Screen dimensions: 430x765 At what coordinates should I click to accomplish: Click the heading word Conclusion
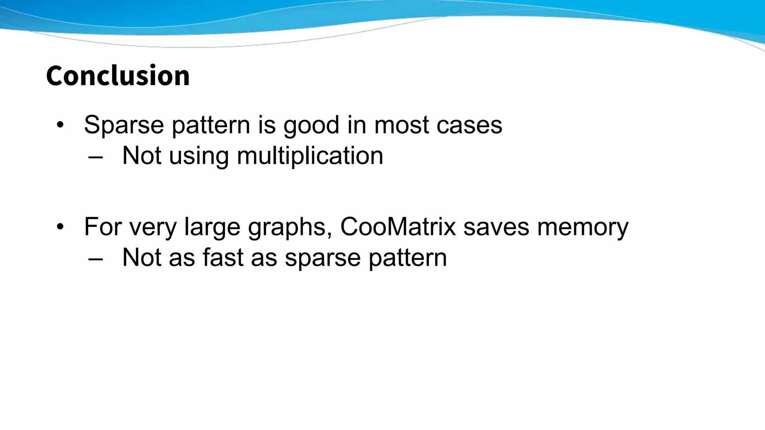tap(118, 76)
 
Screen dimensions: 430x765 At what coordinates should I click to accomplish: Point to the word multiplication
tap(310, 156)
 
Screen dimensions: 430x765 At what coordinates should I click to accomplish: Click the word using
tap(199, 156)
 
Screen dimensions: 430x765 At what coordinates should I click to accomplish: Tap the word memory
tap(583, 227)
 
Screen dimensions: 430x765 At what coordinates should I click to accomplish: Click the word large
tap(212, 227)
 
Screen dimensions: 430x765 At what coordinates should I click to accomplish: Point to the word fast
tap(223, 258)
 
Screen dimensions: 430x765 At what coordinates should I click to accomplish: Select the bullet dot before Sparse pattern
tap(60, 125)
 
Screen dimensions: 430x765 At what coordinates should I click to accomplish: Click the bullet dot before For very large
tap(60, 227)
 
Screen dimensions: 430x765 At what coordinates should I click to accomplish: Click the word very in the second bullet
tap(153, 227)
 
